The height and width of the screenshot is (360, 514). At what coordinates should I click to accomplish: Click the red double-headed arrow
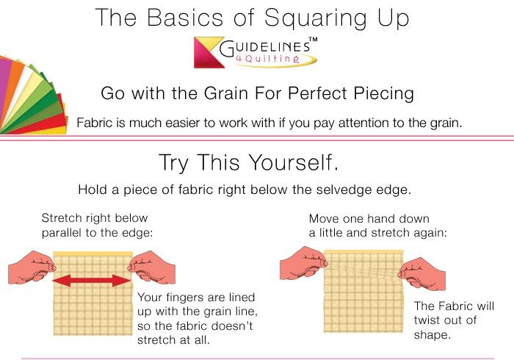[91, 280]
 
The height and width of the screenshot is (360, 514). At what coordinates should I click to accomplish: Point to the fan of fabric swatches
[29, 99]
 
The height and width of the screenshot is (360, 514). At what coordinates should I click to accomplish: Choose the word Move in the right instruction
[324, 219]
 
